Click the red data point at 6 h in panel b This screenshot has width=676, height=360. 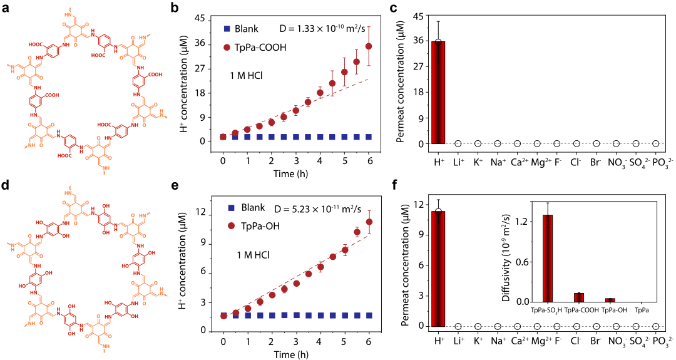(369, 46)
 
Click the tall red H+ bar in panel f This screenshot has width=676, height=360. (438, 269)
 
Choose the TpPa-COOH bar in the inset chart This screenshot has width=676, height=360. (579, 297)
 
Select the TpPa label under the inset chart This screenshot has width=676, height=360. (642, 310)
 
